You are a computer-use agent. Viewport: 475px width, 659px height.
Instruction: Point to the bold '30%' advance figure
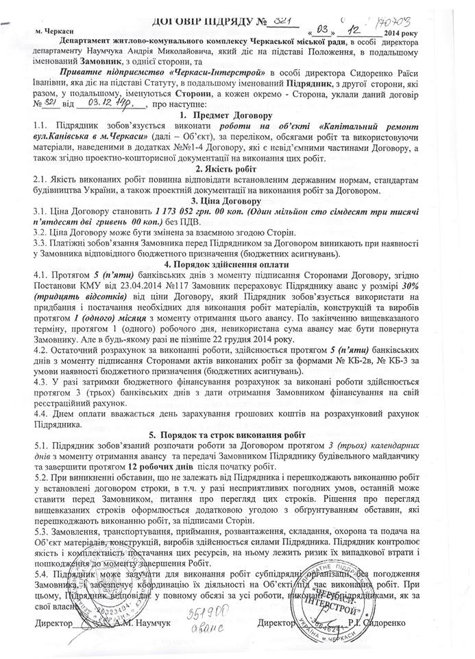(x=435, y=284)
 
